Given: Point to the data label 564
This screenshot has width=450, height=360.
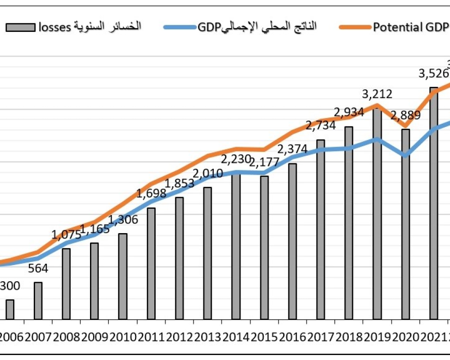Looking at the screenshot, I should [x=38, y=269].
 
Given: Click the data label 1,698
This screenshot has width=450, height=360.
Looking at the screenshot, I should [x=151, y=194].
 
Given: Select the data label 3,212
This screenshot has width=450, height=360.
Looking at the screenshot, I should [x=377, y=94].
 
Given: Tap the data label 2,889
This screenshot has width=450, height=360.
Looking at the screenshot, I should [x=405, y=115].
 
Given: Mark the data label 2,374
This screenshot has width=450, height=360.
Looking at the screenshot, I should [x=292, y=149].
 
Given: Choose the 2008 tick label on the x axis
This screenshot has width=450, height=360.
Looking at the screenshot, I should [x=66, y=337].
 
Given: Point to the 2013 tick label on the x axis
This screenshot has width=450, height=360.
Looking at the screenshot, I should [x=207, y=337].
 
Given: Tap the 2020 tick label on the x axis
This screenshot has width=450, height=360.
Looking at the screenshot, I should [x=405, y=337].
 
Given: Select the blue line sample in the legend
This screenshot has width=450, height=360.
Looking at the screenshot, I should [x=180, y=27].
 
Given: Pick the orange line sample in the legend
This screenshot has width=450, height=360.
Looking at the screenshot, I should [x=355, y=27].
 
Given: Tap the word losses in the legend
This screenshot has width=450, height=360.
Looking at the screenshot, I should [x=54, y=27].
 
